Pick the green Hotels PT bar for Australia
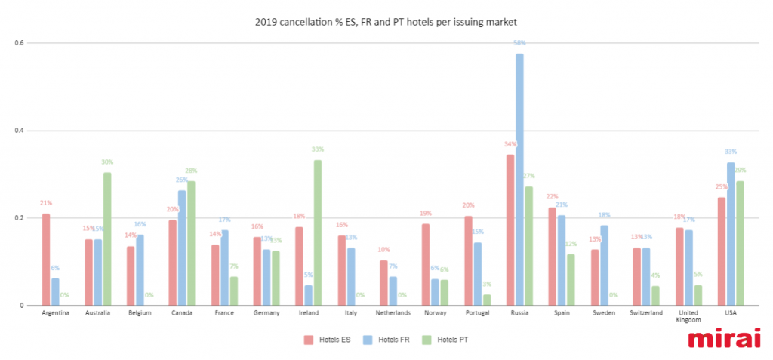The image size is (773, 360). [107, 238]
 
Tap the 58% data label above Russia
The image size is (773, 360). [519, 43]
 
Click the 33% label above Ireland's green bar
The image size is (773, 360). [318, 149]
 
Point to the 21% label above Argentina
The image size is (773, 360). [46, 203]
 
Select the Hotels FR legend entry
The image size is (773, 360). [386, 339]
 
